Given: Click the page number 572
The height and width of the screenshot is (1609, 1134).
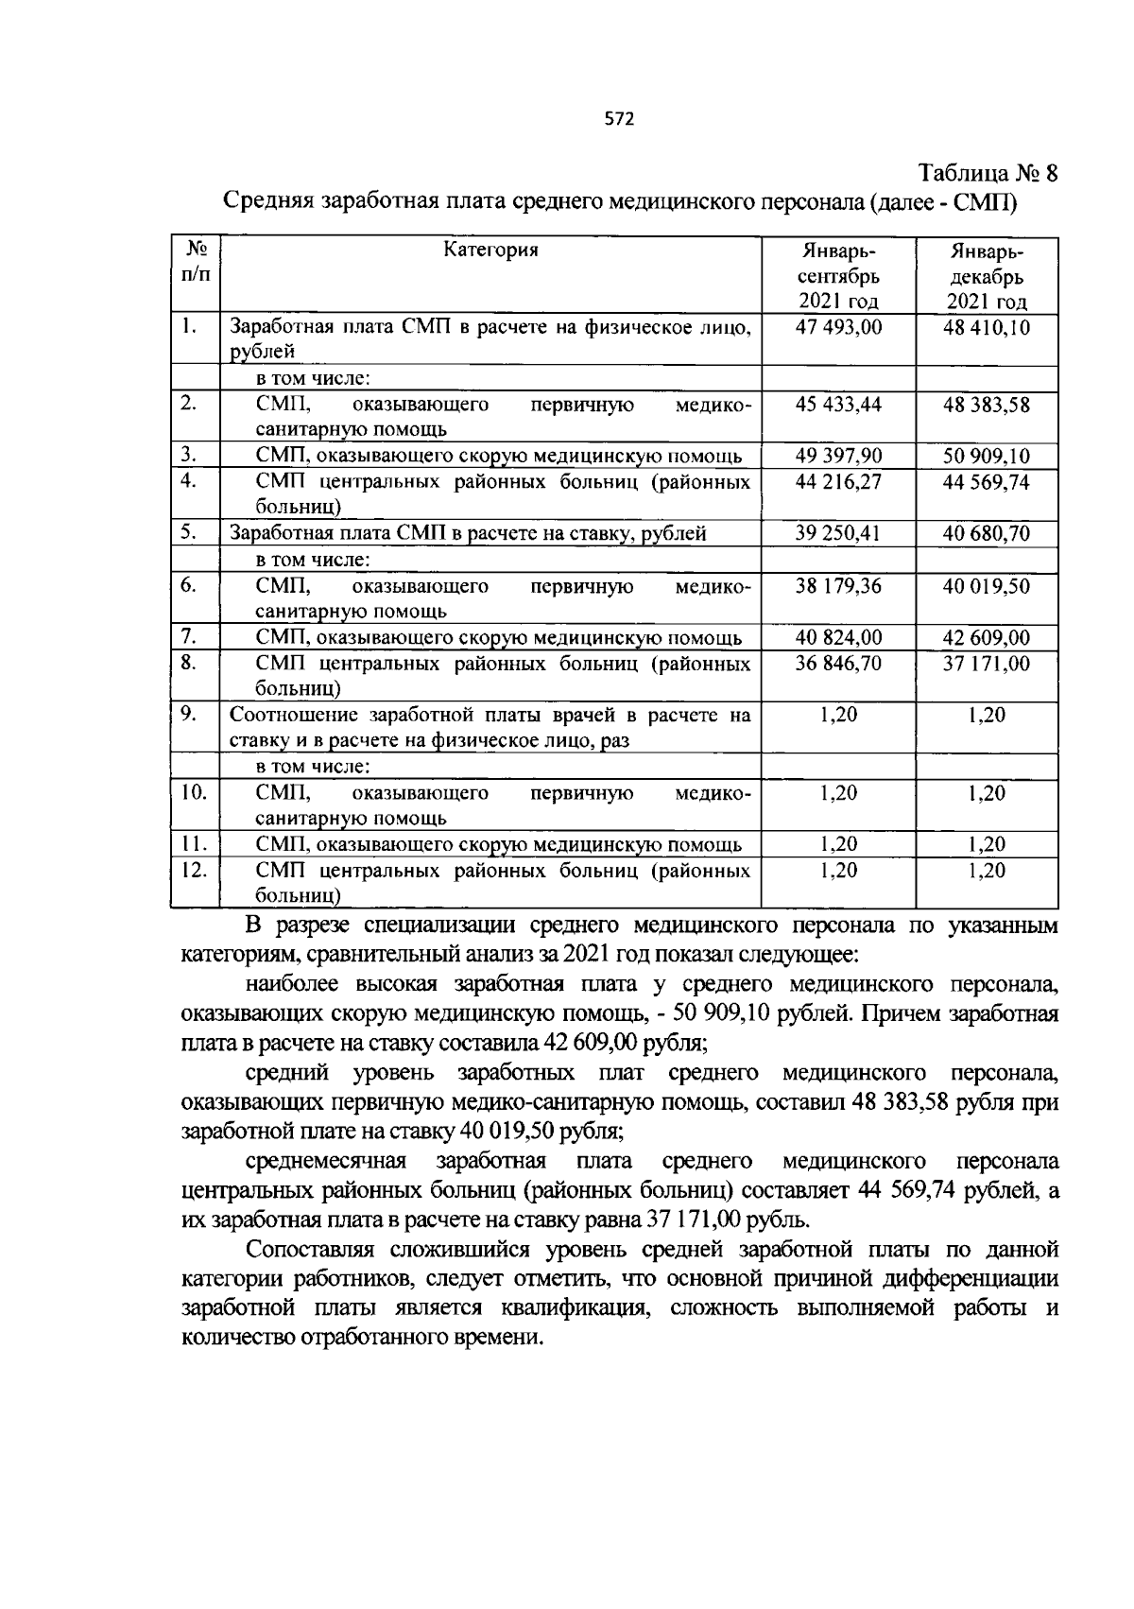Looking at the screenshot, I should (619, 119).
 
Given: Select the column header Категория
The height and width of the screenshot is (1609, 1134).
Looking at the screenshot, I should (490, 250).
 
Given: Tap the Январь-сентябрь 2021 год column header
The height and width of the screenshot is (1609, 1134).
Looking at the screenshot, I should (838, 276).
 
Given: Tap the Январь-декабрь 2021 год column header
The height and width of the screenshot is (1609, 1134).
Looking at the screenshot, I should (987, 276).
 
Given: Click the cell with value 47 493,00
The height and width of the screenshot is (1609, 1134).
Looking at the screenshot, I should (838, 327).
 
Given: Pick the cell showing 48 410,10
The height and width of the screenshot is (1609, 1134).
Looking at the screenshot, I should (987, 327).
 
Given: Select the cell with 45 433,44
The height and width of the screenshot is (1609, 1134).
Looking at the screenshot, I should (838, 405).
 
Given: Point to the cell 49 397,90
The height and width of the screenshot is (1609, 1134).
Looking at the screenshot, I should (838, 457).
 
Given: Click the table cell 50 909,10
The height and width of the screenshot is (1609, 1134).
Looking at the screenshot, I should (987, 457).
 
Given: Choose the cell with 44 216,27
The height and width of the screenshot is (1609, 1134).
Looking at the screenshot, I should (838, 482).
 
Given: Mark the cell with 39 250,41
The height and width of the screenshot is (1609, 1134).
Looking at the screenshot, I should (838, 533).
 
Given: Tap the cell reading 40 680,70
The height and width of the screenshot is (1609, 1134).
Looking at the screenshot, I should (987, 533).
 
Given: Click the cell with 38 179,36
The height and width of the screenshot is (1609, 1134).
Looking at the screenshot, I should (838, 586).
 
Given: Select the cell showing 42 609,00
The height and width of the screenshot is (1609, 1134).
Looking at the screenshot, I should (987, 638).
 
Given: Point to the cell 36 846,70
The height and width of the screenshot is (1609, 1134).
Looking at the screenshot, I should (838, 664).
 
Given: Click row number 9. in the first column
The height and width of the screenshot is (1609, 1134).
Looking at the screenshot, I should (188, 715).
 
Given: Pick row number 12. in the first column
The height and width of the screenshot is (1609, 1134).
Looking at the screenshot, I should (193, 870).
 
